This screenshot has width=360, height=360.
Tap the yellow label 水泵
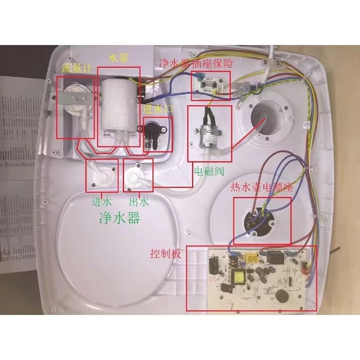pyautogui.click(x=118, y=58)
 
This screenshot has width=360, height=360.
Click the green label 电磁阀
pyautogui.click(x=209, y=172)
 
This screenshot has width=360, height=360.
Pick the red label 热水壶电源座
pyautogui.click(x=262, y=188)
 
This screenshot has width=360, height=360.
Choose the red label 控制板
pyautogui.click(x=166, y=254)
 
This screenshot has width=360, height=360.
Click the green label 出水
pyautogui.click(x=139, y=202)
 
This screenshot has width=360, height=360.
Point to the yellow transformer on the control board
pyautogui.click(x=239, y=276)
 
